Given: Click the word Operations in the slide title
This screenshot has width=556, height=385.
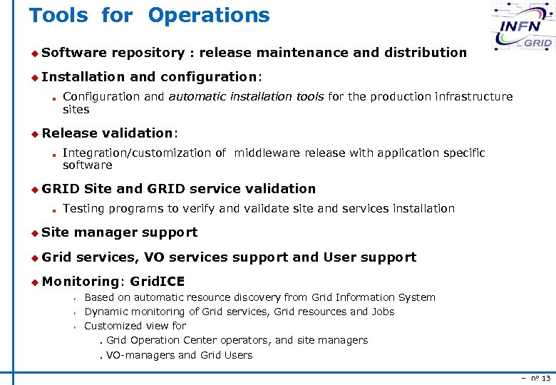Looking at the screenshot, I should (x=209, y=15).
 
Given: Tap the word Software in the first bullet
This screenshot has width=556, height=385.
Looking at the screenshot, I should (x=74, y=52).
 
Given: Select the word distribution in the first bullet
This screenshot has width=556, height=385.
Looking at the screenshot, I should (x=425, y=52).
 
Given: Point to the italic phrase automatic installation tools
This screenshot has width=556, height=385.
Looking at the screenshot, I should (x=246, y=96).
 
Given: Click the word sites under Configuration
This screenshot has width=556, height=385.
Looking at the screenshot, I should (x=76, y=110).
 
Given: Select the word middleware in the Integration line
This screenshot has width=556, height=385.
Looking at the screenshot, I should (x=267, y=153).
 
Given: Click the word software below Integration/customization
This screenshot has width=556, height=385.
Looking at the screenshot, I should (x=88, y=165).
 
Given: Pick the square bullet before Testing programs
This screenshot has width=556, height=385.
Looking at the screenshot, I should (x=53, y=210).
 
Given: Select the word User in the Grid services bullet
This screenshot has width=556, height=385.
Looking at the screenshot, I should (x=340, y=257).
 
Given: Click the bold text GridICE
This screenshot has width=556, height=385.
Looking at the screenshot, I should (x=158, y=282).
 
